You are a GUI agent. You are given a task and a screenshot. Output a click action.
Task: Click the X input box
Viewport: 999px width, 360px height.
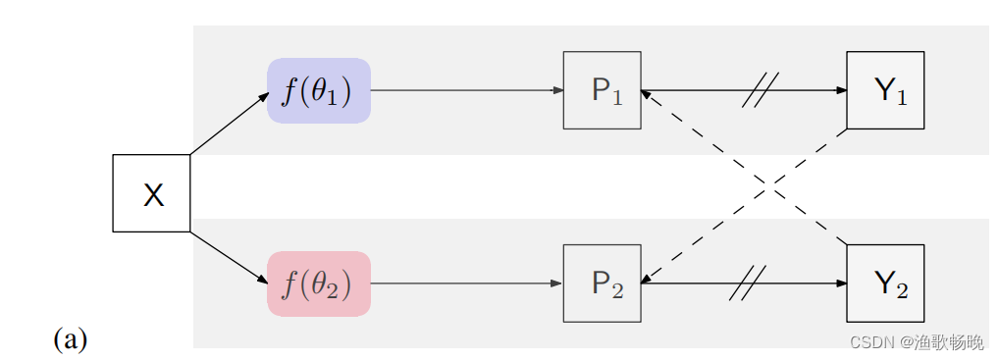point(151,193)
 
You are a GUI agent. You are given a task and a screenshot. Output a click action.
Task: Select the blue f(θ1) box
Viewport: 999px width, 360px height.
point(318,90)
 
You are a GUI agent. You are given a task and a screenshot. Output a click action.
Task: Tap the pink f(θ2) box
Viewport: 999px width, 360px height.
point(318,283)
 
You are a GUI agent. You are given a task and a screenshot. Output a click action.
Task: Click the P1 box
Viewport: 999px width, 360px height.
point(602,90)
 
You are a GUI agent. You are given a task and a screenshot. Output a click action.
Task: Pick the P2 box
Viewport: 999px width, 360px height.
point(602,283)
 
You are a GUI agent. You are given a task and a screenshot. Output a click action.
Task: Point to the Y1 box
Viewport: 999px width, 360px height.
point(885,90)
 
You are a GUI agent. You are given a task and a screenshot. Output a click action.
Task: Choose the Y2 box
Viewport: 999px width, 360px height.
point(885,283)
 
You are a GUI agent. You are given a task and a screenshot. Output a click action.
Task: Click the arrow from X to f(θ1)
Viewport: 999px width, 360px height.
point(228,124)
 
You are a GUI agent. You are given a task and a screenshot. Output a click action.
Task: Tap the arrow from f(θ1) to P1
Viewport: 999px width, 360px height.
point(466,90)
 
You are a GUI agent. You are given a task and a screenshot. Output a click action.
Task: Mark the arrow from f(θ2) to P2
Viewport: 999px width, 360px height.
point(466,283)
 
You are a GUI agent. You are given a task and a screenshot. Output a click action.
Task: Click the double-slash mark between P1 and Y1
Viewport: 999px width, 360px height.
point(761,90)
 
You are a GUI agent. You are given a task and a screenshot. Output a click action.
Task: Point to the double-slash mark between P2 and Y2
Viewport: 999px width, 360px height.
point(748,283)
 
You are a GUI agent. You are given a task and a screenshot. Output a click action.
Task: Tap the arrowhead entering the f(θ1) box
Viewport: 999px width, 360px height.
point(263,95)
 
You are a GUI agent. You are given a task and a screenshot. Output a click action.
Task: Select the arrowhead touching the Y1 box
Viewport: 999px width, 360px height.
point(841,90)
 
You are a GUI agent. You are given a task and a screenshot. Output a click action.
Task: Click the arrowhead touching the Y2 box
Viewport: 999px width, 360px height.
point(841,283)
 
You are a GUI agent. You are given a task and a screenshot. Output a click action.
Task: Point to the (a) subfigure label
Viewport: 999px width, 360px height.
point(70,339)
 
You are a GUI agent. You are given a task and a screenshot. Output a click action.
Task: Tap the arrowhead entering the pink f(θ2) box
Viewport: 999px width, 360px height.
point(263,278)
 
